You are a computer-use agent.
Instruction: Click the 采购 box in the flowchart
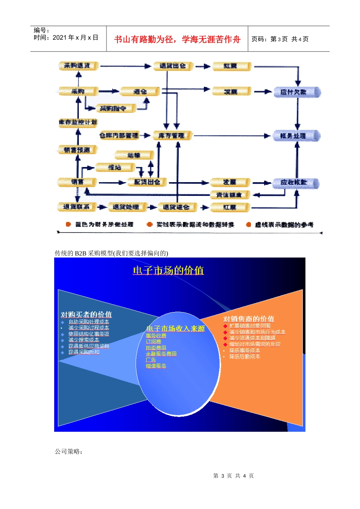[78, 91]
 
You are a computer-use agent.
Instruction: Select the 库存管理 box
[172, 136]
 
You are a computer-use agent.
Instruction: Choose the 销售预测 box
[77, 150]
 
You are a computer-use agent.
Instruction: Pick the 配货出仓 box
[147, 182]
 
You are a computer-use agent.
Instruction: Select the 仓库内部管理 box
[119, 135]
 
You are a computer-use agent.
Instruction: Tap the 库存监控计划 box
[78, 122]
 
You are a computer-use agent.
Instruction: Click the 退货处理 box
[125, 207]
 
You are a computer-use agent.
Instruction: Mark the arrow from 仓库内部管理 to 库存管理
[146, 135]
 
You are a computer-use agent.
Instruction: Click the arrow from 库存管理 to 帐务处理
[231, 136]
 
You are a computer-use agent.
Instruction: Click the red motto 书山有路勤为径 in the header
[177, 39]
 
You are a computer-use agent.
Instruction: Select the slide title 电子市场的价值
[168, 270]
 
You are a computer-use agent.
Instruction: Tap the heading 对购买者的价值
[86, 315]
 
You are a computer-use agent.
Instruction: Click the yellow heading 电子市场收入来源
[175, 329]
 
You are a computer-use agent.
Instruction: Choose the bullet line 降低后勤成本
[245, 357]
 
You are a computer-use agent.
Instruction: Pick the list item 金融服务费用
[161, 354]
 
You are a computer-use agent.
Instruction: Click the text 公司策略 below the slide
[69, 451]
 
